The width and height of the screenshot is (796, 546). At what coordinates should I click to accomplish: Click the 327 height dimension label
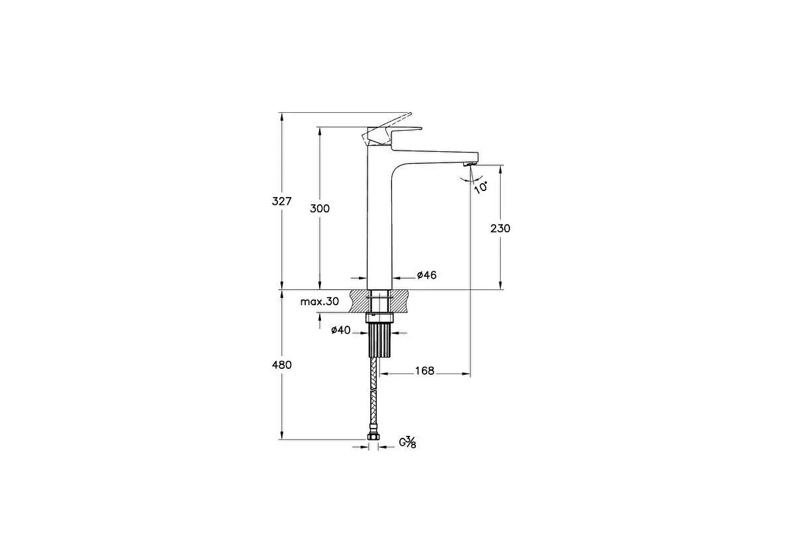(281, 201)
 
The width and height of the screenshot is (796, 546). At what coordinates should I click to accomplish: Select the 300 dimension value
(320, 208)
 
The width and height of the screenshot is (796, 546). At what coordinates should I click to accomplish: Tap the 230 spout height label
(500, 228)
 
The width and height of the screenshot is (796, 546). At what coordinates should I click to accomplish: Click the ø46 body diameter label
(427, 275)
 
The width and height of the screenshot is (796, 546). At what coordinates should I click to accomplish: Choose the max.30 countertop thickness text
(320, 302)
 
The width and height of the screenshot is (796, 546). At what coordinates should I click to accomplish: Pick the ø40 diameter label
(341, 330)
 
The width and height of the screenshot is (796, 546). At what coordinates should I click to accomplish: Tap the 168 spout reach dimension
(425, 371)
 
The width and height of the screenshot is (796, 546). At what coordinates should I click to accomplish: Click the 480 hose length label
(281, 365)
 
